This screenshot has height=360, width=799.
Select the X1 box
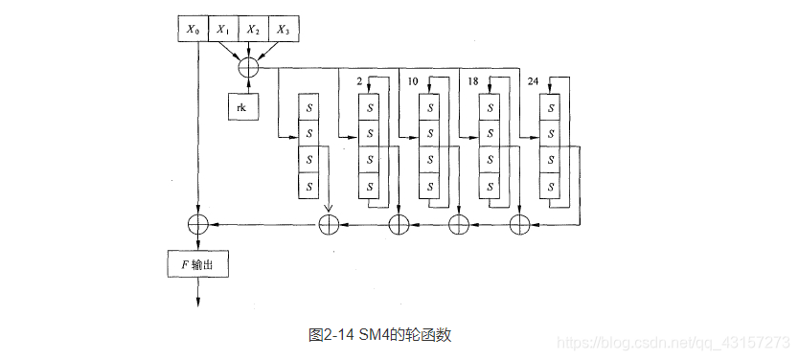coord(223,30)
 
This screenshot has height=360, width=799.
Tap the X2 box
coord(252,30)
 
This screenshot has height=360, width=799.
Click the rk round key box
coord(241,108)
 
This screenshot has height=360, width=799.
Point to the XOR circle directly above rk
coord(247,67)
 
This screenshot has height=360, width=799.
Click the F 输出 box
coord(198,263)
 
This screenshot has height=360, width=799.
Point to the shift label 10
coord(413,82)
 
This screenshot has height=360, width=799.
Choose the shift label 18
coord(472,82)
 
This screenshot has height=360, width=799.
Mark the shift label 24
coord(533,82)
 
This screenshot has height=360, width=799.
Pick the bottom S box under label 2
coord(370,185)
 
